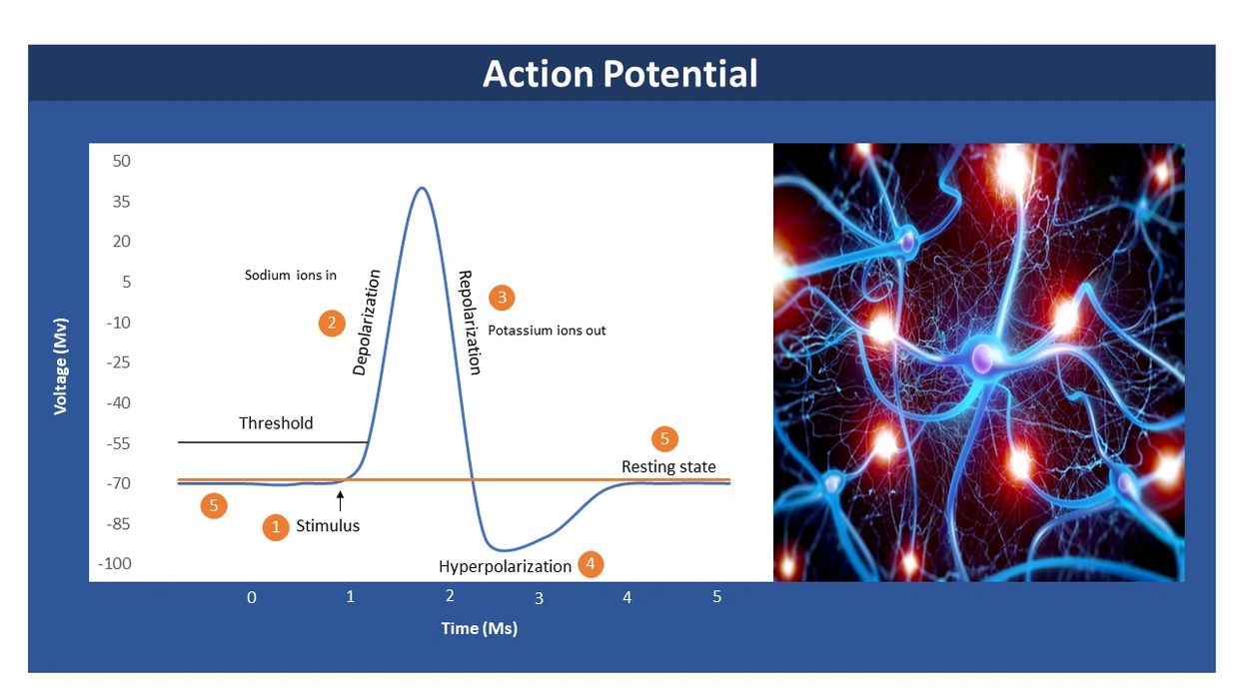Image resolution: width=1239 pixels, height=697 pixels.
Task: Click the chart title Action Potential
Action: coord(619,74)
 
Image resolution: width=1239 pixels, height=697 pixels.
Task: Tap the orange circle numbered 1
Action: coord(276,527)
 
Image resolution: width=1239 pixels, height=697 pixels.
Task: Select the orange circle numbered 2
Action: coord(332,323)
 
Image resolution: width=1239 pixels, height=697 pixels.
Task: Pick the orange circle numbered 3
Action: coord(502,298)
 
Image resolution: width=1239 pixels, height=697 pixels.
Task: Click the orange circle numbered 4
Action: coord(591,564)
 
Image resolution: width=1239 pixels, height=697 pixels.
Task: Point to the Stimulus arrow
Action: coord(340,501)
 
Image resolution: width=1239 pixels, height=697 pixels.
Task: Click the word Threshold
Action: coord(276,423)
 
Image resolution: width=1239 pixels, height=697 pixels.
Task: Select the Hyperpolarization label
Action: coord(505,566)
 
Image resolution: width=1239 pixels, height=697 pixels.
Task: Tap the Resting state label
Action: coord(668,467)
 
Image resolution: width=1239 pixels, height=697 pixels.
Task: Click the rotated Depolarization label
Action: coord(367,323)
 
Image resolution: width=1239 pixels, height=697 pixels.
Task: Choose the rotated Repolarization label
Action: coord(470,323)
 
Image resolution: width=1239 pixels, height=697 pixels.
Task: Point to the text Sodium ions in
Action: coord(291,276)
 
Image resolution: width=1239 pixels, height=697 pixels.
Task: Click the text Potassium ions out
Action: coord(547,331)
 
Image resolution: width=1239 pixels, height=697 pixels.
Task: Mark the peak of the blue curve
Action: coord(422,188)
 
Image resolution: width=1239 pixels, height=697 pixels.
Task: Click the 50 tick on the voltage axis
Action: coord(122,161)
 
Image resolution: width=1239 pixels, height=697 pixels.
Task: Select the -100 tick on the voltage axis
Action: coord(115,564)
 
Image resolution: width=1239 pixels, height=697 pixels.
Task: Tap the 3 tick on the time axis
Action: coord(539,598)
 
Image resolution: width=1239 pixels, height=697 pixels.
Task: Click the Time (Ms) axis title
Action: coord(479,628)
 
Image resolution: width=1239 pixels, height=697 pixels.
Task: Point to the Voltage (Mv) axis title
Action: coord(60,366)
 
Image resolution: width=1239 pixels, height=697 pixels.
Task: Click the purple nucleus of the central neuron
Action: coord(983,356)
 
